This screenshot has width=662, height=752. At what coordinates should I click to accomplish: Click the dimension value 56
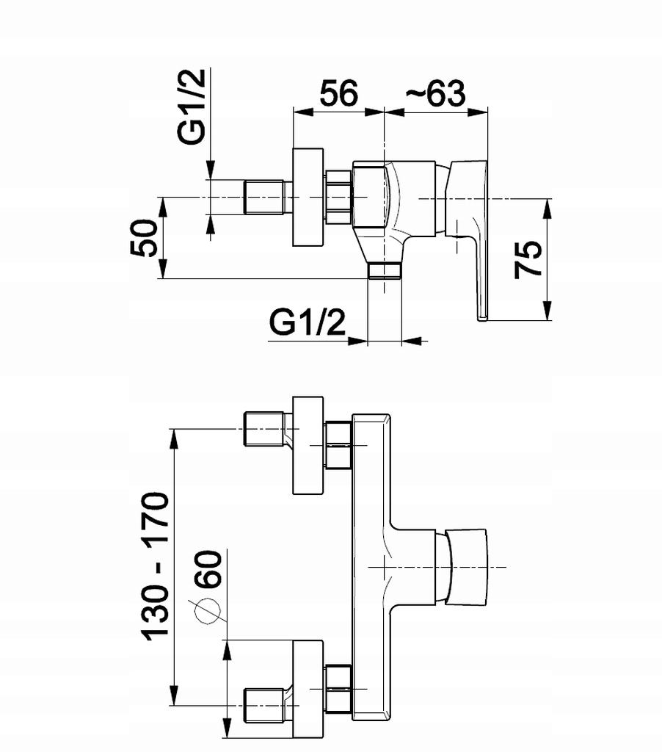click(338, 93)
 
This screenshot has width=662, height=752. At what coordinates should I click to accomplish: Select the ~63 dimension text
click(435, 93)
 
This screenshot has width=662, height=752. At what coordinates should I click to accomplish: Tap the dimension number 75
click(528, 260)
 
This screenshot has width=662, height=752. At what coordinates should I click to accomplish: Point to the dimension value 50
click(143, 238)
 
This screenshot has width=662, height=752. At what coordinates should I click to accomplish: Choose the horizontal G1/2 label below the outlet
click(308, 323)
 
